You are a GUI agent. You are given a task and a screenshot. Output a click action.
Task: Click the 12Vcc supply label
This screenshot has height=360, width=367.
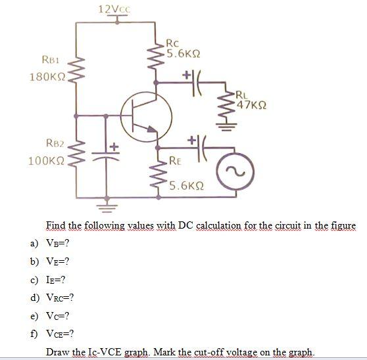[114, 9]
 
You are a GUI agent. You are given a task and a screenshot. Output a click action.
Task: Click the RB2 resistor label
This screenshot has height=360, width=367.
[55, 142]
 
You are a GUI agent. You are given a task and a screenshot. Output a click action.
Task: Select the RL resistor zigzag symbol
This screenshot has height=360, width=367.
[222, 109]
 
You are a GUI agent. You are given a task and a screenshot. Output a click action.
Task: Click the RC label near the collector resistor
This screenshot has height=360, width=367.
[173, 43]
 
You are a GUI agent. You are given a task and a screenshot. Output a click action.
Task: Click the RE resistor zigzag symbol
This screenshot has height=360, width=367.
[157, 175]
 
